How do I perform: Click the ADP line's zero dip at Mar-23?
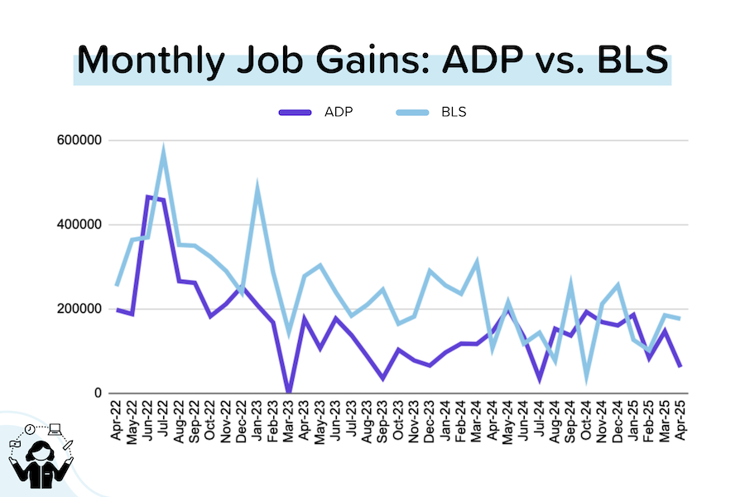[x=288, y=392]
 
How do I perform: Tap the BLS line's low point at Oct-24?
[x=586, y=376]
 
